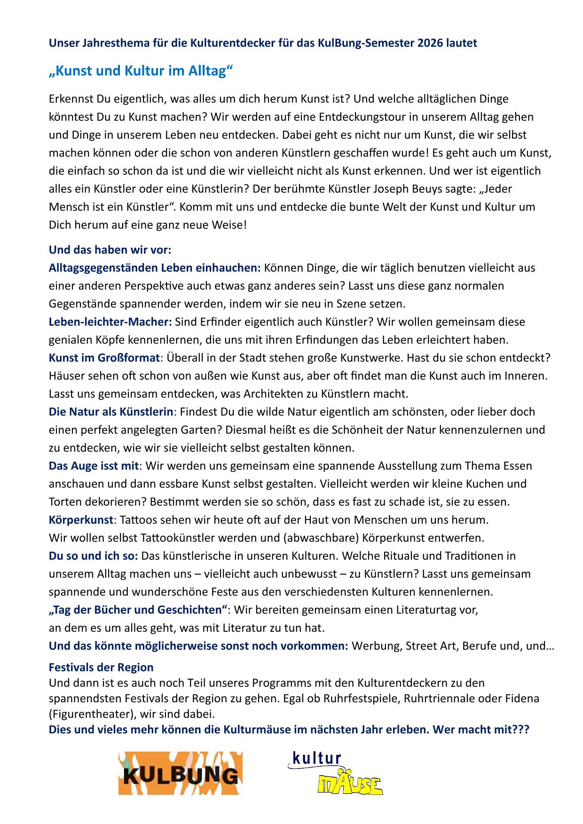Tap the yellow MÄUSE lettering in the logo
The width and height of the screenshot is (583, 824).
(x=350, y=784)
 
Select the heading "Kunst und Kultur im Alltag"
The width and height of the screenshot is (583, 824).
(x=141, y=71)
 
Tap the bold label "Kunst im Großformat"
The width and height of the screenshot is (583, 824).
(x=104, y=358)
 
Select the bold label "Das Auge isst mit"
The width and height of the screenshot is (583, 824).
(x=94, y=466)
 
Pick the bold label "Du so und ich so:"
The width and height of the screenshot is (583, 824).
(x=93, y=556)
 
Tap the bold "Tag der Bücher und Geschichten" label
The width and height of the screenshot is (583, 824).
(x=138, y=610)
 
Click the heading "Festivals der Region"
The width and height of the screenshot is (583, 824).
(x=101, y=667)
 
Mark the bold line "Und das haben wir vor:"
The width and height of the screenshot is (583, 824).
(x=110, y=250)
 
